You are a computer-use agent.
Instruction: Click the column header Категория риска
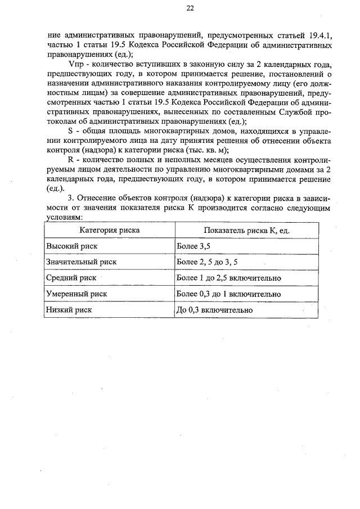click(109, 231)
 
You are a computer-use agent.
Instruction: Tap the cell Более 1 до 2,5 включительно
click(229, 278)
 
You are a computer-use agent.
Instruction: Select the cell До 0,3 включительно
click(214, 309)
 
